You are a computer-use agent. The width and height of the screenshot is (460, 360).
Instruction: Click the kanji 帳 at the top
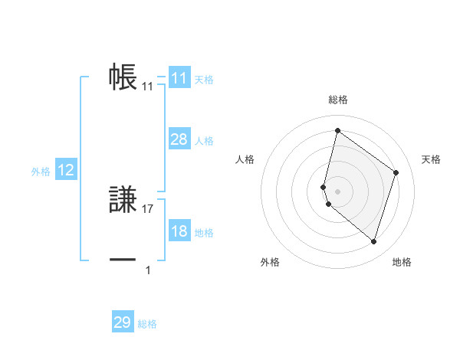[x=123, y=77]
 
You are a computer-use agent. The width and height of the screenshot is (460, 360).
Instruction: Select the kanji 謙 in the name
[x=123, y=201]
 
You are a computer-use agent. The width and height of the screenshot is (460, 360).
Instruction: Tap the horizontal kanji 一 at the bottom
[x=123, y=260]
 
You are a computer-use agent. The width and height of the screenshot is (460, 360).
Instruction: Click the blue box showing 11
[x=179, y=78]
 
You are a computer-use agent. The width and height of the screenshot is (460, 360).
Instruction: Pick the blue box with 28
[x=179, y=139]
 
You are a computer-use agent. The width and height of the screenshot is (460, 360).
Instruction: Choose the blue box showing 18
[x=179, y=231]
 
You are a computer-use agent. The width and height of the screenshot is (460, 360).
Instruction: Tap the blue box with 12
[x=66, y=170]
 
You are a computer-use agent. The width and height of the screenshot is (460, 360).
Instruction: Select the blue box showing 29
[x=123, y=322]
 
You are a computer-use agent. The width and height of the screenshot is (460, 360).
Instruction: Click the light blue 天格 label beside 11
[x=204, y=80]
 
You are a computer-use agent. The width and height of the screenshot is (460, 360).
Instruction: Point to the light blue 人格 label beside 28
[x=204, y=141]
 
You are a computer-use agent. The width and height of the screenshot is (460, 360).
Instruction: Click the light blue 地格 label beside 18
[x=204, y=233]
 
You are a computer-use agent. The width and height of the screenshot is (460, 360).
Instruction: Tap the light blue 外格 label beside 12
[x=41, y=172]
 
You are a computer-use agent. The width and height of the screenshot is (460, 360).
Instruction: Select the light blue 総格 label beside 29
[x=147, y=324]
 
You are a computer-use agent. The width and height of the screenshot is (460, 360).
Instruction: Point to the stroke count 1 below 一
[x=148, y=270]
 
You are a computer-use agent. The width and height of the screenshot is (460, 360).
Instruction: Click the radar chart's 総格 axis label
[x=337, y=100]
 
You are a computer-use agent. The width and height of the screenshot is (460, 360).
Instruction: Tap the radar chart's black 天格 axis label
[x=431, y=159]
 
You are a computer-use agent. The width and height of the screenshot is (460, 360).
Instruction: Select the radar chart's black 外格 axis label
[x=270, y=263]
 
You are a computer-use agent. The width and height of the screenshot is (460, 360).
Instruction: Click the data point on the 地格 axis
[x=373, y=241]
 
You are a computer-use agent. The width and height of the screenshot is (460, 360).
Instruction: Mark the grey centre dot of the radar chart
[x=337, y=191]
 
